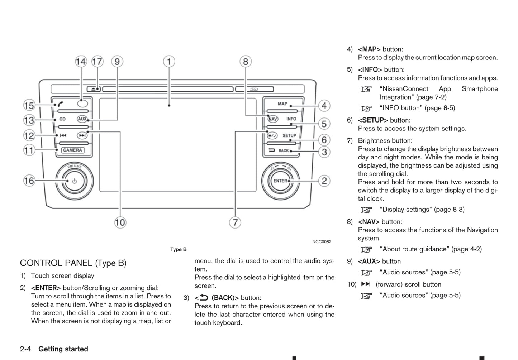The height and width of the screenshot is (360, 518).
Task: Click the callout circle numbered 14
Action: click(81, 62)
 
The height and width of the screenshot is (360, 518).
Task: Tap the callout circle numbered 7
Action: click(235, 222)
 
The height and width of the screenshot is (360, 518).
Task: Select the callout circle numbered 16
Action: click(29, 181)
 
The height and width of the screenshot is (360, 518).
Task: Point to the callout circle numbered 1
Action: click(169, 62)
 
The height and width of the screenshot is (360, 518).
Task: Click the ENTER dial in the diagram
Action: click(280, 181)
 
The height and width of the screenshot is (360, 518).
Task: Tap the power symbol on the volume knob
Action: click(74, 181)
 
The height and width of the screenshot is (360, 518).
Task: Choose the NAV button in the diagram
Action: click(273, 119)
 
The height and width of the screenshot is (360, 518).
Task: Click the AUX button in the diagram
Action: click(82, 119)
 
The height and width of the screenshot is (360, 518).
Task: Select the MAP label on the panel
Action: click(282, 104)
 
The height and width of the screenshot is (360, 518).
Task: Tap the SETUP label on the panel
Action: click(289, 136)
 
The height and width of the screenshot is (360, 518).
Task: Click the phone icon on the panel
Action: click(61, 104)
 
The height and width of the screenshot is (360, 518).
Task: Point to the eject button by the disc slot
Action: click(93, 89)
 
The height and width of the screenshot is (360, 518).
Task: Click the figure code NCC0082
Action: click(322, 242)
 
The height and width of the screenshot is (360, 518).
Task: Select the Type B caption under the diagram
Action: click(178, 249)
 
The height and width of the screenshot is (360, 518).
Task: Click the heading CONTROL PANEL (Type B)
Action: click(73, 263)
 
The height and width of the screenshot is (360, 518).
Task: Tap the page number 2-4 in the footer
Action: click(25, 349)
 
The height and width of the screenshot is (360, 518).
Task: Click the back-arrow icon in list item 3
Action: click(204, 297)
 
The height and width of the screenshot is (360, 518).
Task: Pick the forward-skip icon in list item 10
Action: click(366, 284)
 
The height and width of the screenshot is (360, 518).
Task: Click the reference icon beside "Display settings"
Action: click(366, 210)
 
